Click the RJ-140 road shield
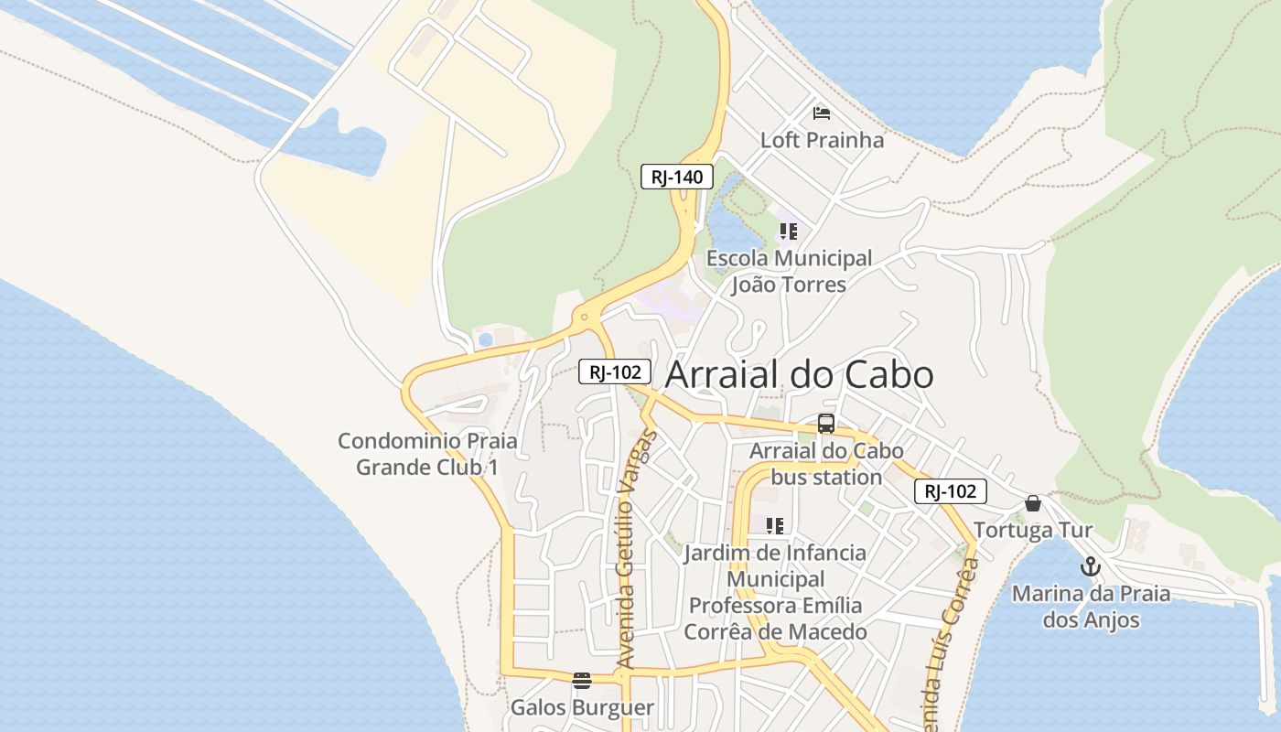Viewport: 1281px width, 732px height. point(676,177)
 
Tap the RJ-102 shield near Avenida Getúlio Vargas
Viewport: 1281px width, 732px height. point(615,371)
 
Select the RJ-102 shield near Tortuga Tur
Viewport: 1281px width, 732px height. point(951,491)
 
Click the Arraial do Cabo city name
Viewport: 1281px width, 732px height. point(799,375)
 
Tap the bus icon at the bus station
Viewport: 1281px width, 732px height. point(825,424)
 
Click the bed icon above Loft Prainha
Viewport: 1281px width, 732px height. point(822,113)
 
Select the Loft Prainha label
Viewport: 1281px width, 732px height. point(822,140)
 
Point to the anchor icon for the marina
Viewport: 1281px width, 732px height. point(1090,566)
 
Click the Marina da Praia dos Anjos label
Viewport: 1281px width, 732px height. point(1091,607)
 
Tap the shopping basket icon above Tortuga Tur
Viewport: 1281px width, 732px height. point(1033,503)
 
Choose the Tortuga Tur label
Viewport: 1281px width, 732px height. point(1033,531)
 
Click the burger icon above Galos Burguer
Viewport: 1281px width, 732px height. point(582,680)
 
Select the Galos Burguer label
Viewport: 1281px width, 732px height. point(582,707)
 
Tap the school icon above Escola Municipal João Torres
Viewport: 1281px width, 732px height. point(788,231)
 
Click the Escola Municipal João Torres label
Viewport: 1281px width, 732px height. point(789,272)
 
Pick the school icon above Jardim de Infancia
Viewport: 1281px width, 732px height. point(775,526)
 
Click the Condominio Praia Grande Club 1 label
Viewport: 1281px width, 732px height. point(427,454)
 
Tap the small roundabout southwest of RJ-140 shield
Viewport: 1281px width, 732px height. point(585,318)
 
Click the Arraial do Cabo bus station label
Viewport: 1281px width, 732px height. point(826,464)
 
